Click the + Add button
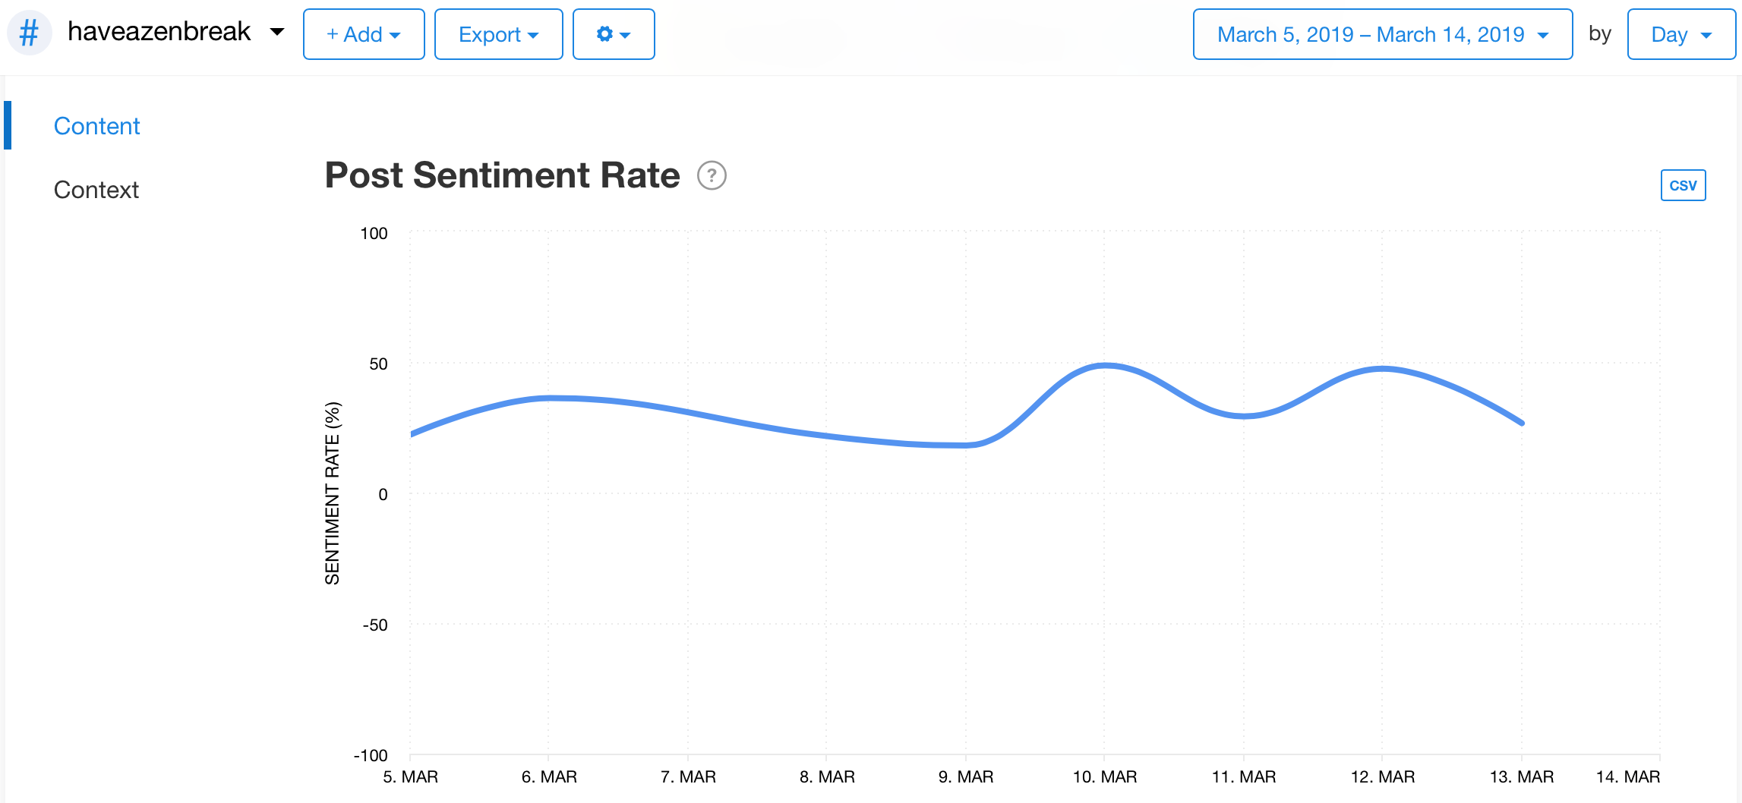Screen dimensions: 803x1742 (x=363, y=34)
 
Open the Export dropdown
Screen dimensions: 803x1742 (x=498, y=34)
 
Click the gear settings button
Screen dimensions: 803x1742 (x=613, y=34)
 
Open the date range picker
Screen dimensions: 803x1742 (x=1382, y=34)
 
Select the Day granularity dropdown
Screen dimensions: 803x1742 (x=1680, y=34)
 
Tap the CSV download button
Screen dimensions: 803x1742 (x=1683, y=185)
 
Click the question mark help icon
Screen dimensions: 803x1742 (x=712, y=176)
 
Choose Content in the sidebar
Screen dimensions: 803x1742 (x=96, y=126)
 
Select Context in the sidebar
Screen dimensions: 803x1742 (x=96, y=190)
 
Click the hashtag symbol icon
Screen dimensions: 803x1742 (x=29, y=33)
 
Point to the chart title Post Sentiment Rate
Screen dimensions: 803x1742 (x=502, y=175)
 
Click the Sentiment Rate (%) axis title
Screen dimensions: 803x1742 (x=332, y=493)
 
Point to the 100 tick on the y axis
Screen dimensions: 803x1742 (x=374, y=234)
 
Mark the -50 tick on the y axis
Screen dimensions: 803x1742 (x=374, y=625)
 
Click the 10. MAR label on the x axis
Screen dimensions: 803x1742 (x=1104, y=777)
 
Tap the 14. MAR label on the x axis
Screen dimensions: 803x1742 (x=1627, y=777)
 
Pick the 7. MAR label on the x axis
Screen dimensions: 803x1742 (x=688, y=777)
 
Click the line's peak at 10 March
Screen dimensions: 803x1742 (x=1105, y=365)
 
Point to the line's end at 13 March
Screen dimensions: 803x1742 (x=1522, y=423)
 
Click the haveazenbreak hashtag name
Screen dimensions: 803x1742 (x=159, y=32)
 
